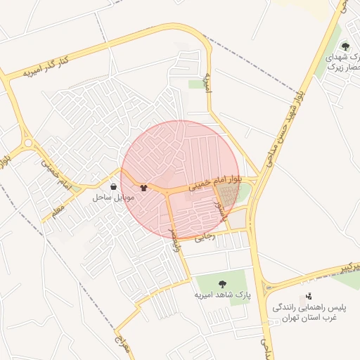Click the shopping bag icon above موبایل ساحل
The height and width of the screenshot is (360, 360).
[114, 187]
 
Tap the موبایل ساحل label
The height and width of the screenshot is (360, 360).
[108, 198]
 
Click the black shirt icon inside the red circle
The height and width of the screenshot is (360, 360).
[144, 188]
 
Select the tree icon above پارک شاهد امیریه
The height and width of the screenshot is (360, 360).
[222, 284]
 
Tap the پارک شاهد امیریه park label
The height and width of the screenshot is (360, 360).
[222, 295]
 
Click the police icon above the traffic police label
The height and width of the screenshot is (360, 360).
[307, 297]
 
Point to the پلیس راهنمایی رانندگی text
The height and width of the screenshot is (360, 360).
[309, 308]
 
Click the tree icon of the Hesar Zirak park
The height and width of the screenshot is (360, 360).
[345, 46]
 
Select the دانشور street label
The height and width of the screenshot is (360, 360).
[219, 209]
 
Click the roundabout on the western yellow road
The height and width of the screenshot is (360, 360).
[27, 143]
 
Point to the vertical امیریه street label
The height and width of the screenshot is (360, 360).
[207, 84]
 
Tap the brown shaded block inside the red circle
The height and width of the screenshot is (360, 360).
[226, 193]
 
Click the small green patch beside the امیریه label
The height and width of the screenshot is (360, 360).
[195, 84]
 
